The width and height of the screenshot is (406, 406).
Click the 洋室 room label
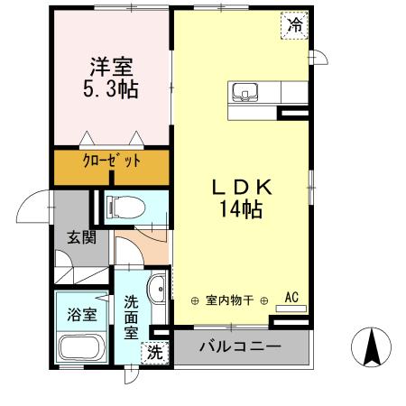tap(111, 66)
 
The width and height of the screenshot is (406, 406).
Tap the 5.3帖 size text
tap(111, 89)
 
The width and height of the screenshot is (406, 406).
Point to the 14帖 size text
tap(239, 210)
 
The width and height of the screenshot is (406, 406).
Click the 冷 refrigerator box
tap(294, 24)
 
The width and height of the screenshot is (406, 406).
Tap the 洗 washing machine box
tap(155, 353)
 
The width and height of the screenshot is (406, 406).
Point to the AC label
tap(292, 296)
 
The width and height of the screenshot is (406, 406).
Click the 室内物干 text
tap(230, 300)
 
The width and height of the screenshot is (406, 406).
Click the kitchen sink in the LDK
tap(246, 91)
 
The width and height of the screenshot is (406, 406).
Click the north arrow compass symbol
tap(370, 346)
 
